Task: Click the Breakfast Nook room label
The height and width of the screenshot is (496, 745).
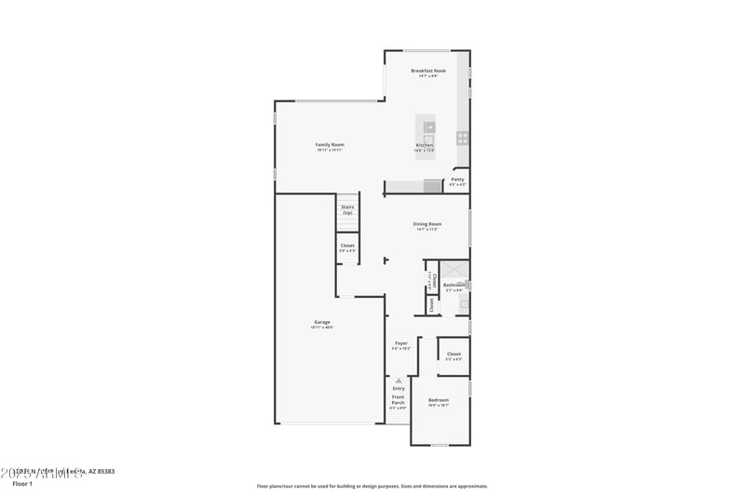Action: click(x=428, y=71)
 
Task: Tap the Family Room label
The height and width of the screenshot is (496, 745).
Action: click(x=330, y=145)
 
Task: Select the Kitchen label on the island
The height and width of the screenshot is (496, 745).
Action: click(x=425, y=146)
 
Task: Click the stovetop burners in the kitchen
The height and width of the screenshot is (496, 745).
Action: click(x=462, y=138)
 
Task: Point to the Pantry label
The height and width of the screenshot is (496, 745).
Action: click(x=457, y=180)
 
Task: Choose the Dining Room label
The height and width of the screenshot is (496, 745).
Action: click(x=427, y=224)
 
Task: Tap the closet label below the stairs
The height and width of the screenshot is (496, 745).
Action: click(x=347, y=246)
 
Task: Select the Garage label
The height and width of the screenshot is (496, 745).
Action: click(x=321, y=323)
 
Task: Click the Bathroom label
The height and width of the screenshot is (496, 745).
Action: click(x=454, y=285)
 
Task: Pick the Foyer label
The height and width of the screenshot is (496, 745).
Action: click(x=401, y=343)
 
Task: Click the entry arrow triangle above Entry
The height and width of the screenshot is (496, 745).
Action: click(x=399, y=381)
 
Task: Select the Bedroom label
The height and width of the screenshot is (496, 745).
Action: click(x=439, y=401)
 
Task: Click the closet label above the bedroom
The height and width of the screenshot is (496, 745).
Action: click(x=454, y=355)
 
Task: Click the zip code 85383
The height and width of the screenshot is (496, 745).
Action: click(x=103, y=472)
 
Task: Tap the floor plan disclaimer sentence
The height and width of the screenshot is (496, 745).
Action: click(x=372, y=486)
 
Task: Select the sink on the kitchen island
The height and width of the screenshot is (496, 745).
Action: click(x=429, y=127)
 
